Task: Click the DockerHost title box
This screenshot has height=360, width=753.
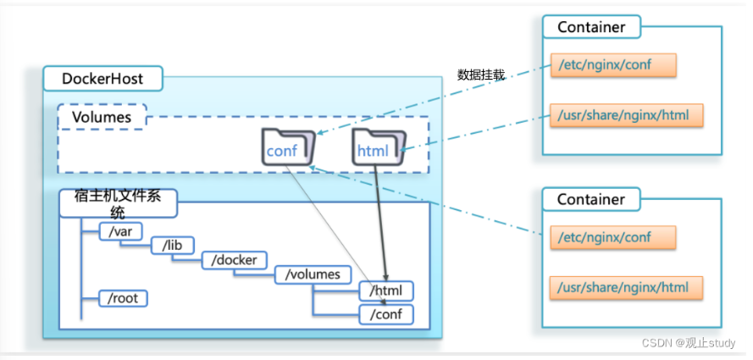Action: tap(102, 78)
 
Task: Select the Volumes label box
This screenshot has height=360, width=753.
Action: tap(102, 117)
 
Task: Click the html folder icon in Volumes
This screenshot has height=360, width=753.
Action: tap(379, 147)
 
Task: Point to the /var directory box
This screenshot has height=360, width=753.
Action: tap(121, 232)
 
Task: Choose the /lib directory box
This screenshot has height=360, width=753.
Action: tap(173, 246)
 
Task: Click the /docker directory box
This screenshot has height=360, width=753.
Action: tap(235, 260)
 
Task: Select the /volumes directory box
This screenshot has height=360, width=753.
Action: tap(313, 274)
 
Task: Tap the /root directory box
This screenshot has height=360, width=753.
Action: tap(123, 298)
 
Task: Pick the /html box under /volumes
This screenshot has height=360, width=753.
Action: tap(386, 291)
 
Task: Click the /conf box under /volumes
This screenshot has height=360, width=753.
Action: tap(386, 314)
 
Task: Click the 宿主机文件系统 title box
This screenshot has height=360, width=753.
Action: tap(118, 203)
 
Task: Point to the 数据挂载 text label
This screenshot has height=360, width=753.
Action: tap(481, 75)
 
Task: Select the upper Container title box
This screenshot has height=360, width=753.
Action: tap(591, 27)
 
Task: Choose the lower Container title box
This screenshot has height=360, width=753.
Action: tap(591, 199)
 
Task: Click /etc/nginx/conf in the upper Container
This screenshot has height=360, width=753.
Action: tap(613, 64)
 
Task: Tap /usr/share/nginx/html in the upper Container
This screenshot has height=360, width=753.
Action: tap(626, 115)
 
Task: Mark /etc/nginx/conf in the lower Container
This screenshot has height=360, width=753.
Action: tap(613, 237)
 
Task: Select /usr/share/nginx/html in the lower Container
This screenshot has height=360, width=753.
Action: tap(626, 288)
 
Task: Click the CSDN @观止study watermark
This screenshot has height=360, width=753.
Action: tap(689, 343)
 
